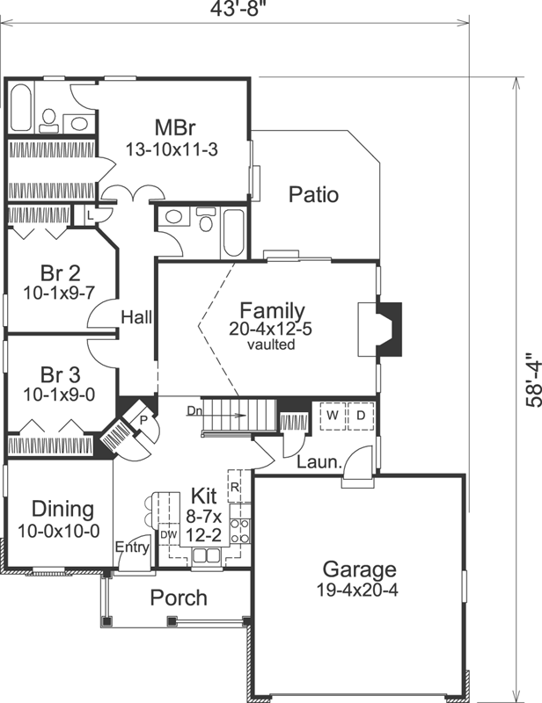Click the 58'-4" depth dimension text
click(x=529, y=380)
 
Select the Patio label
click(x=313, y=194)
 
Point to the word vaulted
click(x=272, y=345)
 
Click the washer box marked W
click(x=333, y=414)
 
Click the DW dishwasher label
click(x=168, y=533)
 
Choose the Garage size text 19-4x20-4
click(x=358, y=591)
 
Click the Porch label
click(x=178, y=598)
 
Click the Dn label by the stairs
click(x=194, y=410)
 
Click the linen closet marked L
click(x=92, y=214)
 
